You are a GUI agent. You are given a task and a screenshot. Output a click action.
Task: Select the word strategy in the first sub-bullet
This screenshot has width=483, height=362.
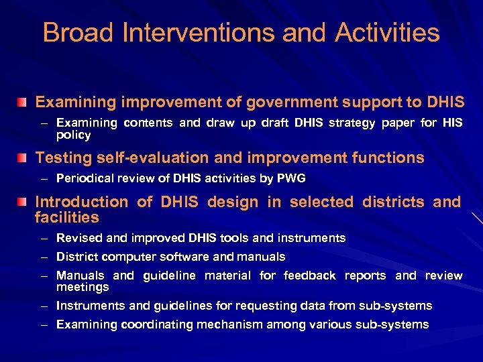click(357, 123)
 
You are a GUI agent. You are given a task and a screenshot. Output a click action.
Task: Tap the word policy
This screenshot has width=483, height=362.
click(73, 135)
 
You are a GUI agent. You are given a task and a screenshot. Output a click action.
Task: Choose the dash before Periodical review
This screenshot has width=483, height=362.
click(44, 179)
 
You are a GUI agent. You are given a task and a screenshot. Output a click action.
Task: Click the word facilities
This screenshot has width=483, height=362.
click(66, 217)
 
